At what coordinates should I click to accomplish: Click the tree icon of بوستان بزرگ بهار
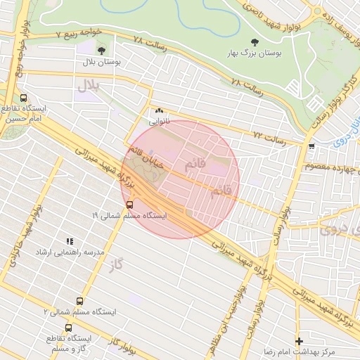click(254, 41)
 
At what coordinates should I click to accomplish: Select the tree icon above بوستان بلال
click(103, 51)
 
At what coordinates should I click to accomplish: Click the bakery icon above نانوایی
click(159, 110)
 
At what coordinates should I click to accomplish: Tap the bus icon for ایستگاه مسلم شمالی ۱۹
click(129, 204)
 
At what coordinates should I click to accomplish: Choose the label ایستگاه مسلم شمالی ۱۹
click(129, 215)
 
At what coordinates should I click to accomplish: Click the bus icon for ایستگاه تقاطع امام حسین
click(24, 99)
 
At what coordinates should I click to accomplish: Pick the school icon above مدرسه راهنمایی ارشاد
click(69, 241)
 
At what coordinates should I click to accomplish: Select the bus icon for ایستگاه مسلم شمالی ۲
click(79, 301)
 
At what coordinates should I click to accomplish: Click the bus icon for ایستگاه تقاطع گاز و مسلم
click(68, 327)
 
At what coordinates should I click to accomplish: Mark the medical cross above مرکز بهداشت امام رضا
click(299, 340)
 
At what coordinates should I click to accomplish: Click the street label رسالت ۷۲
click(269, 137)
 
